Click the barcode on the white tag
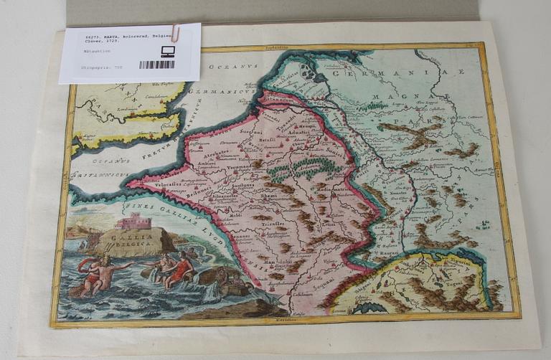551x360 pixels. coord(156,65)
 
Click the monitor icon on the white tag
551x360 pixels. coord(168,51)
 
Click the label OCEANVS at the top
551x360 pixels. coord(225,68)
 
